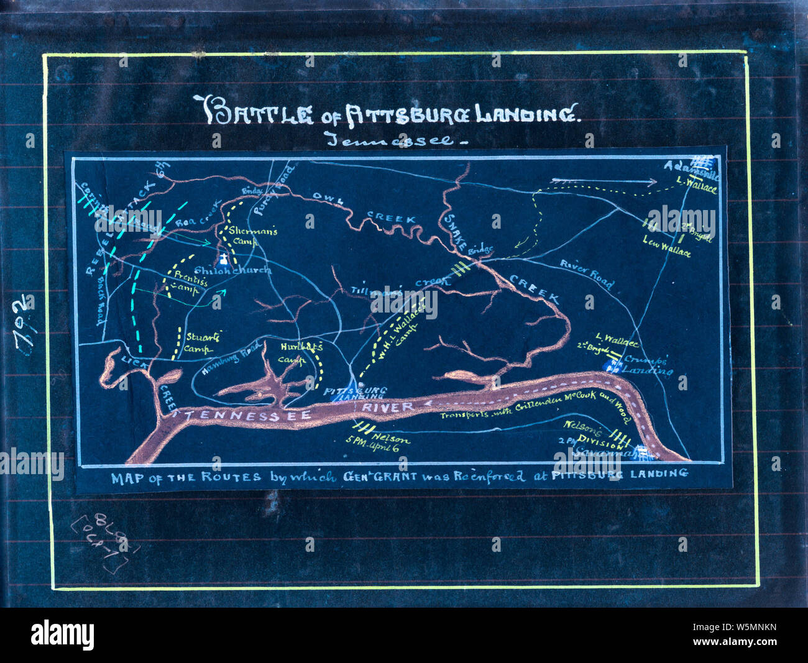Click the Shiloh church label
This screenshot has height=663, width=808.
point(232,272)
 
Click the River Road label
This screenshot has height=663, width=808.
point(587,273)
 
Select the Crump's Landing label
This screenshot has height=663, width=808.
point(646,365)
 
